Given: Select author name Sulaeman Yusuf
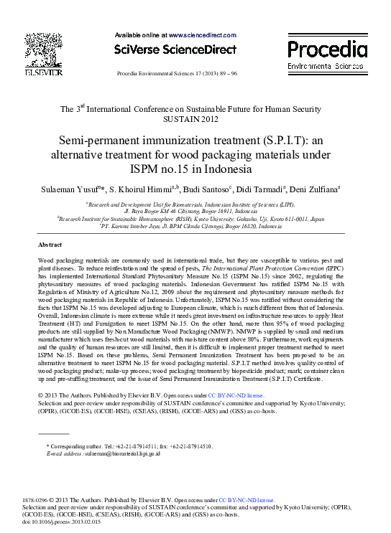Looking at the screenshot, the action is (70, 189).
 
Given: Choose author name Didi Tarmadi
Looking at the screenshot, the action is (249, 189).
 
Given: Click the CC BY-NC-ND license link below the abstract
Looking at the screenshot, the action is (235, 395).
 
